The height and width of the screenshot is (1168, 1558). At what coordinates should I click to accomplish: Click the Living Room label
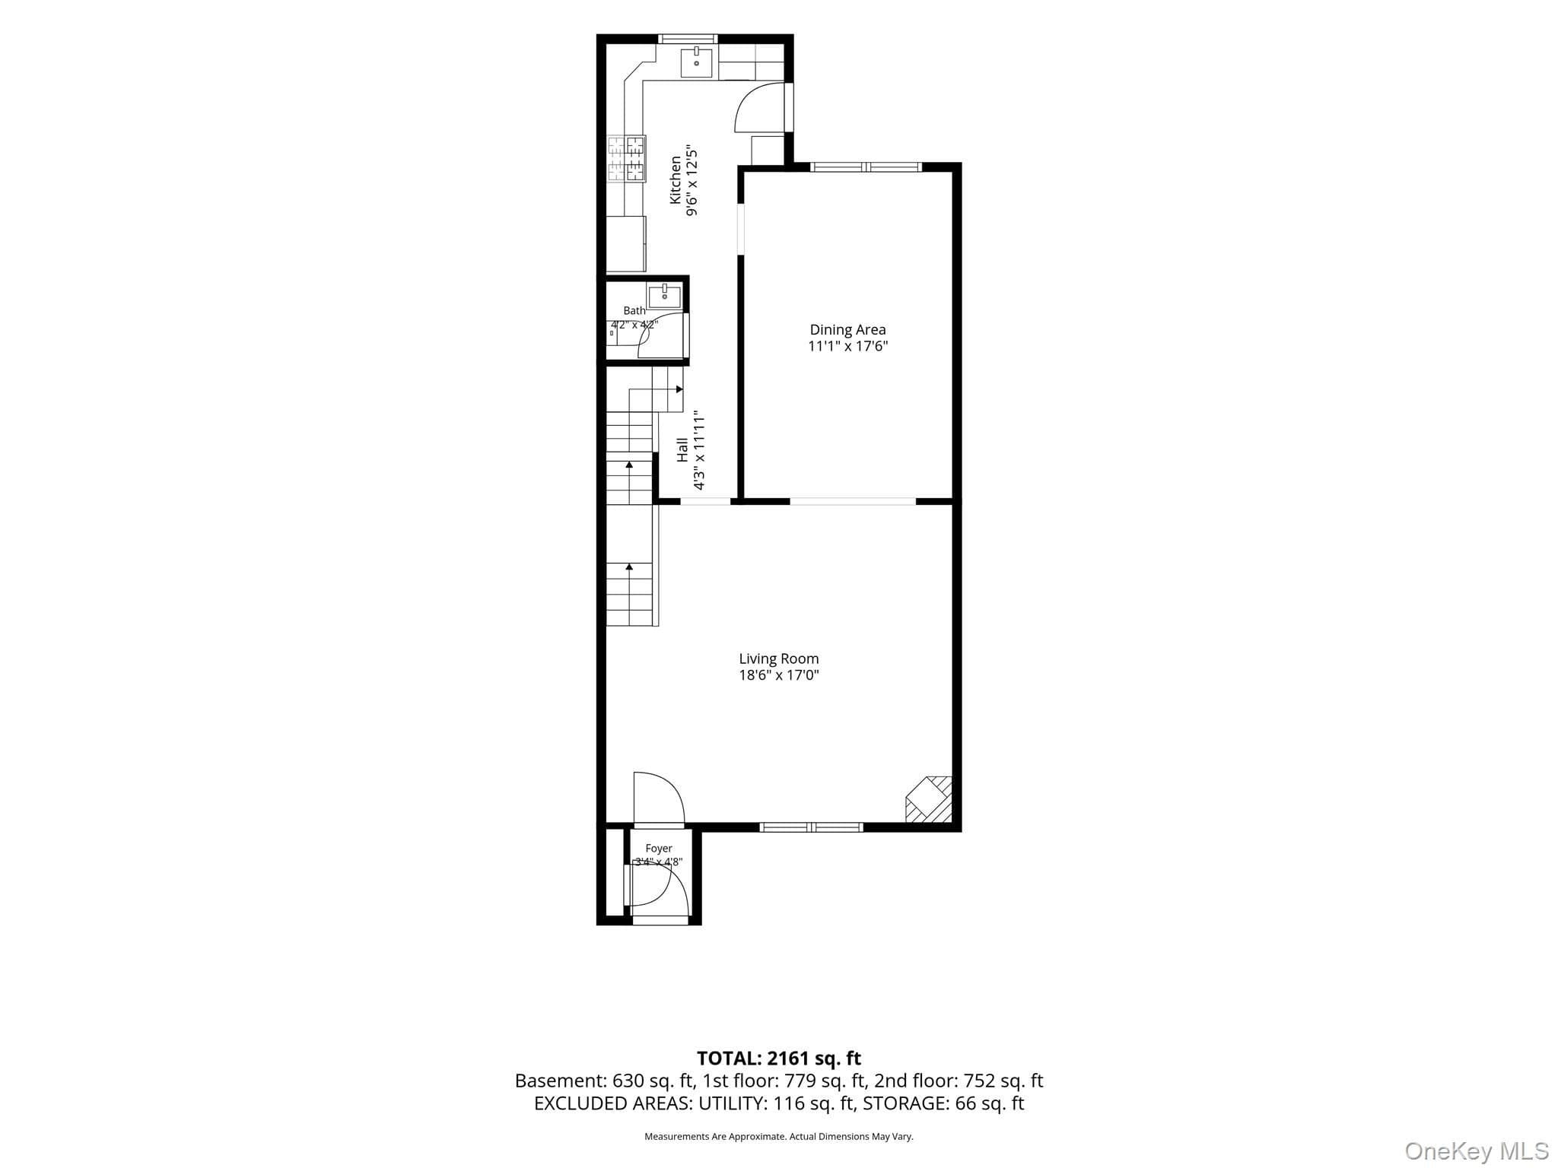779,659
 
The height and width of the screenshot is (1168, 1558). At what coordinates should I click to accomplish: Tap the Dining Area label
847,329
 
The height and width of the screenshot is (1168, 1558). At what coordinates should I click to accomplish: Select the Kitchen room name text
675,179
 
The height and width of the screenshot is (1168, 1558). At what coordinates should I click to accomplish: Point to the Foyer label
659,848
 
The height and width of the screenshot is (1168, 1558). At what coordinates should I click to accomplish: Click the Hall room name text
682,449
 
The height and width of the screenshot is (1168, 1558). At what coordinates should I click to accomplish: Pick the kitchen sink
696,62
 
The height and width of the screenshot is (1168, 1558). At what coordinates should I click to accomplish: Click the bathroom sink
664,295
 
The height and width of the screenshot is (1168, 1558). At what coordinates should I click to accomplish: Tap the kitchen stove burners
626,159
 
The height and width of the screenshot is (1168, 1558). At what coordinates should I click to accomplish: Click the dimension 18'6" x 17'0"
779,675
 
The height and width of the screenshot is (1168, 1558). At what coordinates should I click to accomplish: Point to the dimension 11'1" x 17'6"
847,347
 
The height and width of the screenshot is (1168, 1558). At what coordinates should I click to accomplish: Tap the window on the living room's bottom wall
812,827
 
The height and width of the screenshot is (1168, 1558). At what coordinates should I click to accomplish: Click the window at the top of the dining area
866,167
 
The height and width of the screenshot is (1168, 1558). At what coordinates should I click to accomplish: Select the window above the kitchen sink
688,39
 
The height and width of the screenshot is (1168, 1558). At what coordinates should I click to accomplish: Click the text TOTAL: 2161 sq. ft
779,1058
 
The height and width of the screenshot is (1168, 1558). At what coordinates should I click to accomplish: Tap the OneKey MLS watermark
1477,1151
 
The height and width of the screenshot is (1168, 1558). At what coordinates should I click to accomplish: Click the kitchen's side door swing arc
758,108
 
